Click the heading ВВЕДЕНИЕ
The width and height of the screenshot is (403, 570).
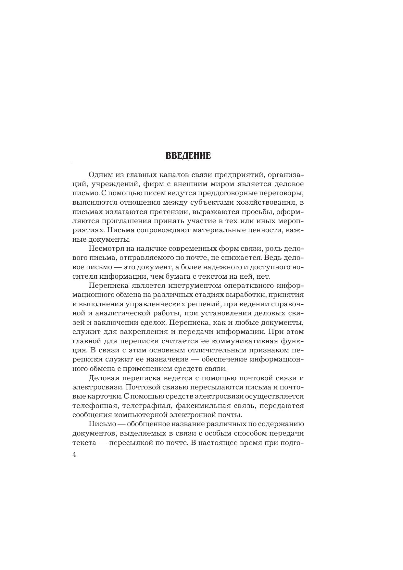(x=188, y=156)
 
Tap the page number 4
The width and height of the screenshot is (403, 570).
(x=74, y=454)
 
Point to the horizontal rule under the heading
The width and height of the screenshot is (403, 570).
(x=188, y=163)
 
